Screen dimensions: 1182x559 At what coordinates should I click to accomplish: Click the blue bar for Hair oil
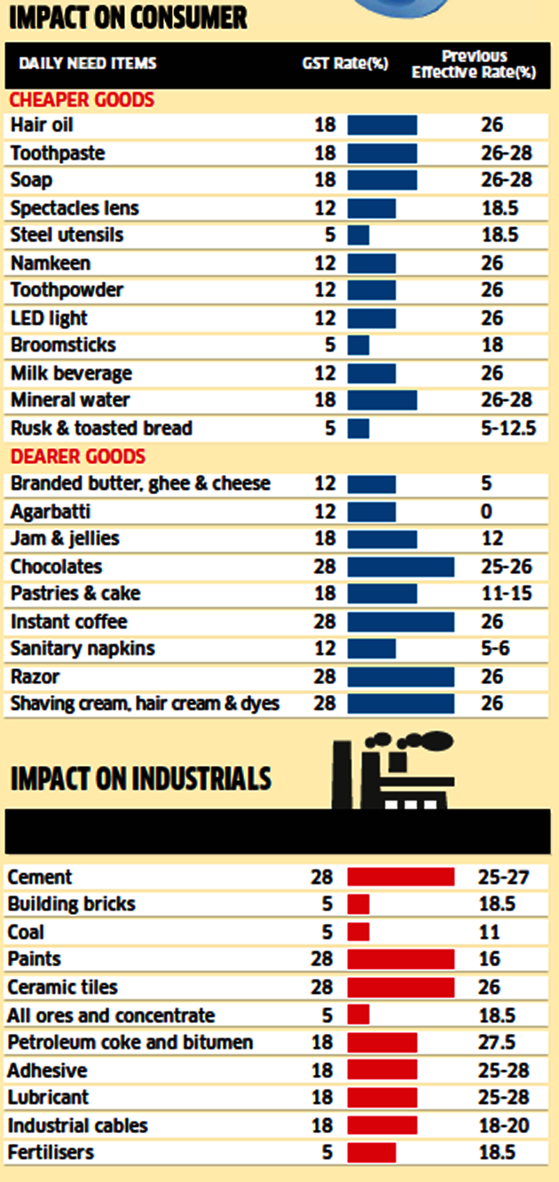(382, 125)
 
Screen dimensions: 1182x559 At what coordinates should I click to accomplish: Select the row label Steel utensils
(67, 235)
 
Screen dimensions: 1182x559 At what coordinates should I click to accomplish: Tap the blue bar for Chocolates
(400, 567)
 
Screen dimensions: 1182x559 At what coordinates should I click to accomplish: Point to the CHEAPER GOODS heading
(82, 99)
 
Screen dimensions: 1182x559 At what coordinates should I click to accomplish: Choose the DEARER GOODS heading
(77, 457)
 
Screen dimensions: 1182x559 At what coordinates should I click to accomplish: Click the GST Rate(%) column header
(345, 63)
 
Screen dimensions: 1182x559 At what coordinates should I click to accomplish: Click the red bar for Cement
(400, 878)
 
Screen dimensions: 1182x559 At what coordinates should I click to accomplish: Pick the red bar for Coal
(358, 933)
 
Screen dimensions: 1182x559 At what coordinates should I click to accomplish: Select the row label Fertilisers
(51, 1153)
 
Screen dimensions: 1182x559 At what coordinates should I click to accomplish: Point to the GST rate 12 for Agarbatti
(325, 512)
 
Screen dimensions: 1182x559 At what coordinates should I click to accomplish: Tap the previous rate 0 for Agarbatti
(486, 512)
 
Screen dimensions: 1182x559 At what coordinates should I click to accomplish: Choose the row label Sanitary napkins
(83, 649)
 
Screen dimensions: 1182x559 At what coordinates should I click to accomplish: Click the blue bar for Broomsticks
(358, 345)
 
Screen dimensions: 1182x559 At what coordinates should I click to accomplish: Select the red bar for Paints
(400, 959)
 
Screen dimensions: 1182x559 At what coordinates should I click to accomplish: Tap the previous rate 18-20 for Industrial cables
(504, 1126)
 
